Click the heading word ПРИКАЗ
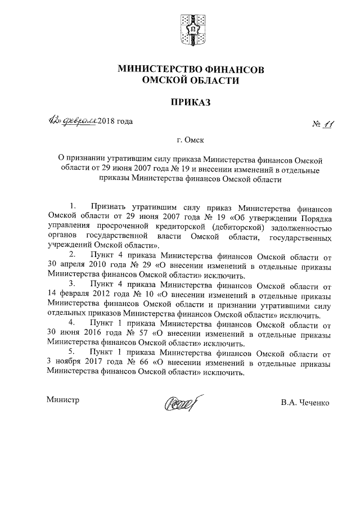click(190, 102)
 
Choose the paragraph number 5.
click(71, 351)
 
